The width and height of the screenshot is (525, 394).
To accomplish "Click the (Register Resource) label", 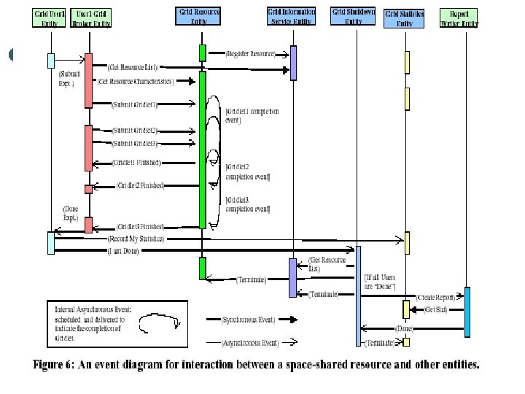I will (251, 53).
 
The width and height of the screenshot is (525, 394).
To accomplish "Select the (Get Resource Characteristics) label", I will (136, 81).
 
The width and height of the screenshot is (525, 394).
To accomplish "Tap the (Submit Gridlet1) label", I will (135, 104).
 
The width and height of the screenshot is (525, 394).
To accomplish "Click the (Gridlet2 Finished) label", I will (140, 186).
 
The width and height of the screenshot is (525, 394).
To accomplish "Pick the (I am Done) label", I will (123, 251).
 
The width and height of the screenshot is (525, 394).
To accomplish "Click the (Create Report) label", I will (436, 298).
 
